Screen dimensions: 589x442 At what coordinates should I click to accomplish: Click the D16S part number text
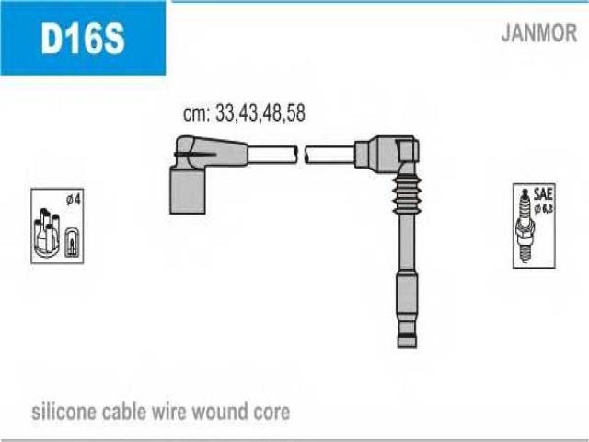click(x=83, y=38)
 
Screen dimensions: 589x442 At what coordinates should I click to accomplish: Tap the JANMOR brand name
click(x=539, y=33)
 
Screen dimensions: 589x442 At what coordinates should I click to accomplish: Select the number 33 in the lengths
click(x=225, y=112)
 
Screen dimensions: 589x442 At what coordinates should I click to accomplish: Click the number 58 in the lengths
click(x=295, y=112)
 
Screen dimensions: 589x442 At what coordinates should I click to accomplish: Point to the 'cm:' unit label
click(x=196, y=113)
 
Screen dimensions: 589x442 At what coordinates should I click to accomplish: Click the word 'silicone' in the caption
click(x=64, y=412)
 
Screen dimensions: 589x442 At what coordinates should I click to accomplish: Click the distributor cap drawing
click(x=47, y=233)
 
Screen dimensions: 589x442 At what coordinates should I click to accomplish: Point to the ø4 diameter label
click(x=74, y=200)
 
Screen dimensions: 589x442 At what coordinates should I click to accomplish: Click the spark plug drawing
click(x=525, y=226)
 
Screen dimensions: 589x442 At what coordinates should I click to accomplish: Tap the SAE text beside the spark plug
click(x=543, y=194)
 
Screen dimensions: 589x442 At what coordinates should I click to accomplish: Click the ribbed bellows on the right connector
click(x=406, y=194)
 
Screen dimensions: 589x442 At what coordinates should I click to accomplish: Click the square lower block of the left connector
click(x=188, y=192)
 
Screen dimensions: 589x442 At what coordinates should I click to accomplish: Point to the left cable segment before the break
click(x=272, y=155)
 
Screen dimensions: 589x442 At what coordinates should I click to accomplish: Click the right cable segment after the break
click(x=329, y=155)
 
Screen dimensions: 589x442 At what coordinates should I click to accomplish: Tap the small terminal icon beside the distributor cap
click(x=72, y=243)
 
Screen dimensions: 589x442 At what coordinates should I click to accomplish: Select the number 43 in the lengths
click(x=248, y=112)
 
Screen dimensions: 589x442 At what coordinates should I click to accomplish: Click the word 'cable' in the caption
click(x=124, y=412)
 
